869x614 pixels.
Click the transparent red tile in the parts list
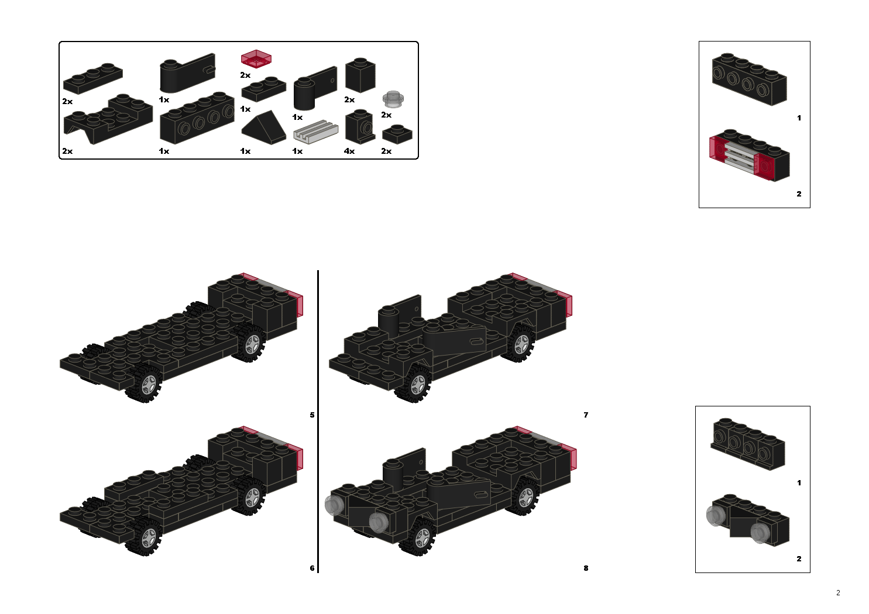tap(256, 59)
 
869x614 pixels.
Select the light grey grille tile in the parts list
tap(315, 132)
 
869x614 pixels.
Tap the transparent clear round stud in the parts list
tap(394, 99)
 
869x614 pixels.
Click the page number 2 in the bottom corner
tap(838, 593)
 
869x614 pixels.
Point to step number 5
tap(312, 415)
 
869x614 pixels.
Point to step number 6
tap(312, 568)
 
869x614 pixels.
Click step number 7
tap(586, 415)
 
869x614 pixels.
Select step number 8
tap(586, 568)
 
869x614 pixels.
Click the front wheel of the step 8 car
tap(419, 537)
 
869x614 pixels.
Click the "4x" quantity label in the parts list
tap(349, 151)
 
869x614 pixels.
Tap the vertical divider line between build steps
tap(318, 421)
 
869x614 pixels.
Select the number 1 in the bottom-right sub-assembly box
tap(799, 483)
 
